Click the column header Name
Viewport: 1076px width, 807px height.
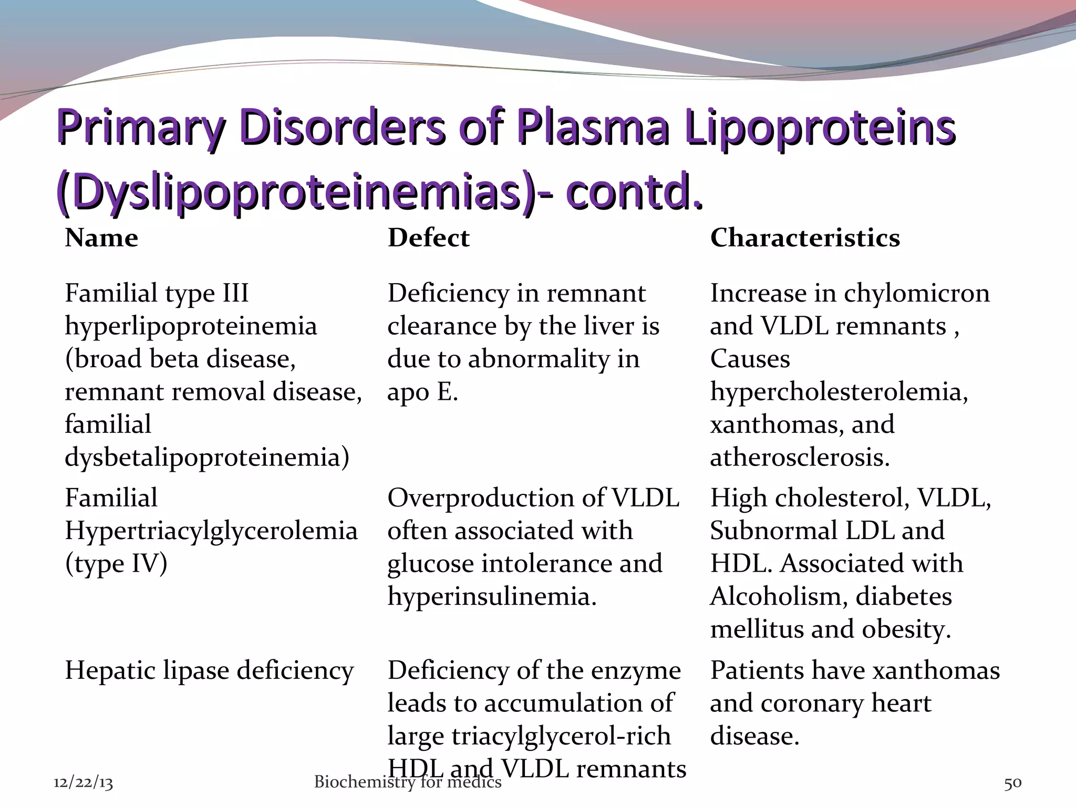pyautogui.click(x=101, y=238)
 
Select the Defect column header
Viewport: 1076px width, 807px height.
pyautogui.click(x=428, y=238)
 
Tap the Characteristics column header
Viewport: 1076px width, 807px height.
pyautogui.click(x=805, y=238)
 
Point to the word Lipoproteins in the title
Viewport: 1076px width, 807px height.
pyautogui.click(x=820, y=128)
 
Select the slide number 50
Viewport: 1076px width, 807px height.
pyautogui.click(x=1012, y=783)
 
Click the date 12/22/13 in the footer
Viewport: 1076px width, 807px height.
pyautogui.click(x=84, y=783)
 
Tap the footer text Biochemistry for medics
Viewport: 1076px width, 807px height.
pyautogui.click(x=408, y=782)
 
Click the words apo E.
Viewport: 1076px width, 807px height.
pyautogui.click(x=422, y=392)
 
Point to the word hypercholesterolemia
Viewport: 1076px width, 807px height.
pyautogui.click(x=839, y=392)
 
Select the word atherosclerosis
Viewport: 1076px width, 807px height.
pyautogui.click(x=800, y=457)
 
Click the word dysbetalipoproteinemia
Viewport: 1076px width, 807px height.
pyautogui.click(x=206, y=457)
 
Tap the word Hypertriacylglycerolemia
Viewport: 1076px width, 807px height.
pyautogui.click(x=211, y=531)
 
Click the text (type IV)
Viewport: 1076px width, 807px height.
pyautogui.click(x=116, y=564)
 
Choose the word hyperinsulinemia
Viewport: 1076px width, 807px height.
pyautogui.click(x=492, y=596)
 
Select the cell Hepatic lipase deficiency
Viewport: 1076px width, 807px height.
pyautogui.click(x=209, y=671)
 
